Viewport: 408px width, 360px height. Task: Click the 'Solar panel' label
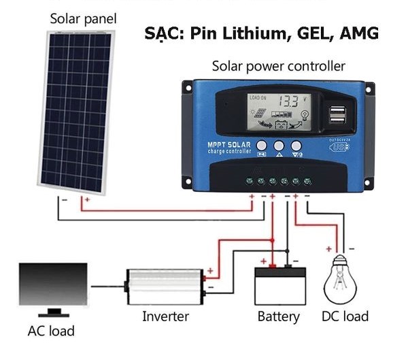click(x=83, y=18)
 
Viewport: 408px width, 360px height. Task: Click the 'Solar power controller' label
click(x=278, y=66)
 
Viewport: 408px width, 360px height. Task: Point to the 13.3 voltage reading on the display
click(x=290, y=101)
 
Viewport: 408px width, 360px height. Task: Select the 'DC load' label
click(x=345, y=316)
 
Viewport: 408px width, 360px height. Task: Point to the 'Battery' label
click(x=279, y=316)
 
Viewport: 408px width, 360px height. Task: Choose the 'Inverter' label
click(x=165, y=316)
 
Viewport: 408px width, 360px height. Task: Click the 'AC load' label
click(x=51, y=332)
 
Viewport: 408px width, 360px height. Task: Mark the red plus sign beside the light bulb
click(x=329, y=249)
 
